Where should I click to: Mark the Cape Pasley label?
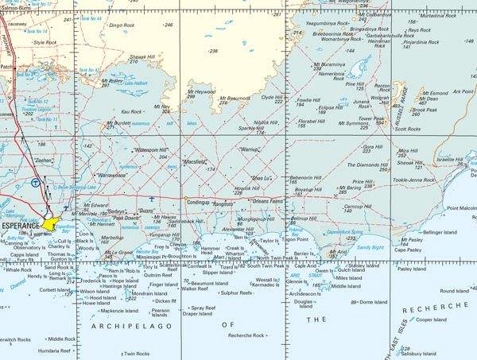click(x=408, y=250)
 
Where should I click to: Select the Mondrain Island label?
click(x=149, y=293)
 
